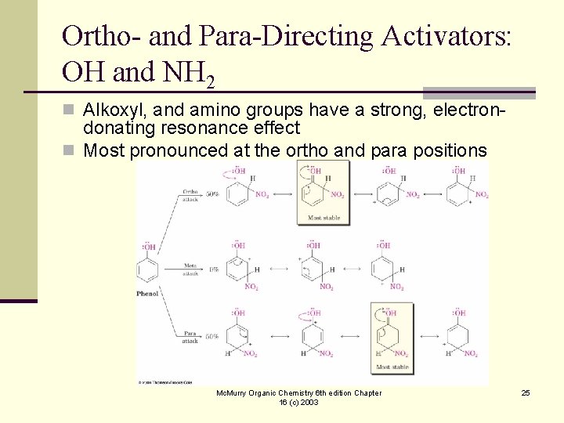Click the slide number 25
coord(526,392)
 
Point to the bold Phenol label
coord(148,294)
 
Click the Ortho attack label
coord(190,195)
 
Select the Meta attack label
coord(190,269)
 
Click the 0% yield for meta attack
coord(213,269)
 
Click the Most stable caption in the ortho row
coord(324,218)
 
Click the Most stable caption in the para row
coord(391,366)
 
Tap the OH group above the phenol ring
coord(148,248)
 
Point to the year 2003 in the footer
coord(309,403)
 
